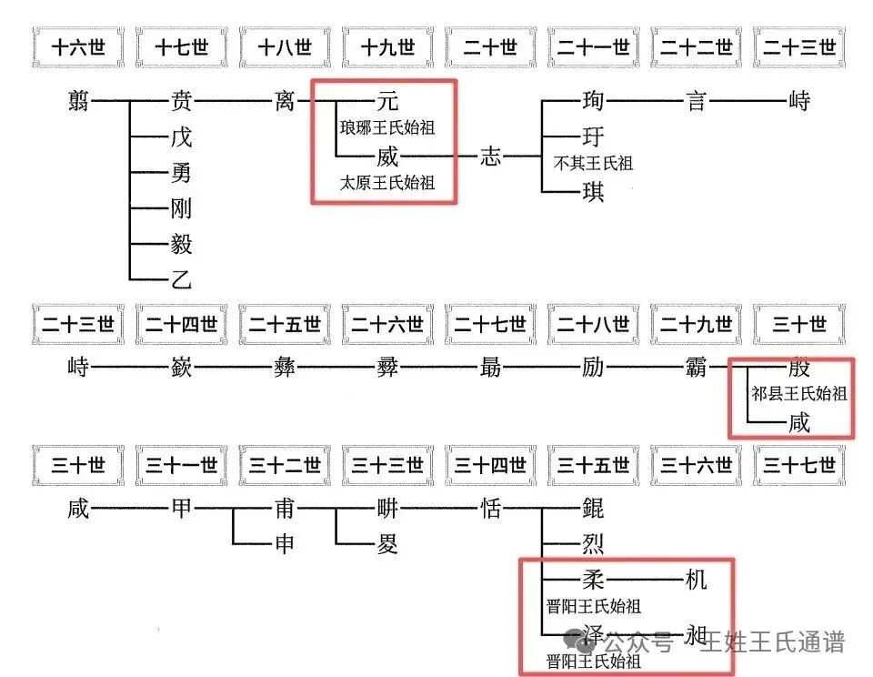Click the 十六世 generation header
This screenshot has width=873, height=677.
78,47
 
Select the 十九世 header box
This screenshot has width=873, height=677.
387,47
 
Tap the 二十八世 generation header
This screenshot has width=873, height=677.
594,324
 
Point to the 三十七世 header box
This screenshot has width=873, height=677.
799,466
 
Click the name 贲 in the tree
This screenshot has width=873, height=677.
182,101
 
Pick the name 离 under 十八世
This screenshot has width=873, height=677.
285,101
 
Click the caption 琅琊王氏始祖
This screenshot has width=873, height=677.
387,128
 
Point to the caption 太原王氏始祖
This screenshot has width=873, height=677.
387,183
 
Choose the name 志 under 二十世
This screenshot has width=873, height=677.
490,157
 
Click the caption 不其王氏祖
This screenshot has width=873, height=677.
593,164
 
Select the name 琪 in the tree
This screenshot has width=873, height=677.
593,192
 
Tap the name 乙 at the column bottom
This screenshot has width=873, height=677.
182,279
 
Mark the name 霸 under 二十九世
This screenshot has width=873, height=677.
697,369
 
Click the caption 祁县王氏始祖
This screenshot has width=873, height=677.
799,395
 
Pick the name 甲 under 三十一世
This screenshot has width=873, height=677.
182,509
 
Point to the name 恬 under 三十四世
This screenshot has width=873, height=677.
490,509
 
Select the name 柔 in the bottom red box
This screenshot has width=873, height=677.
593,579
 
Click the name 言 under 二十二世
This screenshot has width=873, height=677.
697,101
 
